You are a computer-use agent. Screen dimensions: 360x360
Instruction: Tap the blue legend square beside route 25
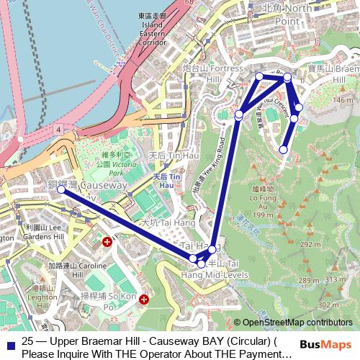click(x=9, y=344)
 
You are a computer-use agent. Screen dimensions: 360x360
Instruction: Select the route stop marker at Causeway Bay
click(x=61, y=189)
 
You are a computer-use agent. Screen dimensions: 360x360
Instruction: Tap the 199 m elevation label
click(x=263, y=214)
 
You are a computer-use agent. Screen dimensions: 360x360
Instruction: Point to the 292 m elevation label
click(x=310, y=245)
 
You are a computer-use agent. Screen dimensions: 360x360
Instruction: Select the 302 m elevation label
click(x=328, y=305)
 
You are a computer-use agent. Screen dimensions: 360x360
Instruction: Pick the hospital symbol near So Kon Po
click(x=145, y=298)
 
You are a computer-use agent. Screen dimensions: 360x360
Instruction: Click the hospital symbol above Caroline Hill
click(x=107, y=242)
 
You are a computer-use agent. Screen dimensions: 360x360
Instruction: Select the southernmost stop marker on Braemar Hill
click(x=283, y=150)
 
